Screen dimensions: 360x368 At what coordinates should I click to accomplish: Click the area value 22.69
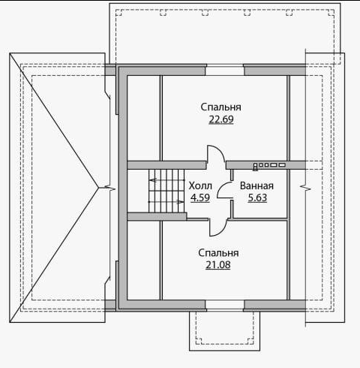[x=221, y=119]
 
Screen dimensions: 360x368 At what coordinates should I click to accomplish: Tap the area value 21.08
[x=218, y=265]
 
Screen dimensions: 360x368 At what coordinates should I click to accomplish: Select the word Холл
[x=200, y=186]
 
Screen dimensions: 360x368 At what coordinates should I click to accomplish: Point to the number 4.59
[x=200, y=198]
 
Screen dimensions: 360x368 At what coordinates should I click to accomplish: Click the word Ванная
[x=256, y=186]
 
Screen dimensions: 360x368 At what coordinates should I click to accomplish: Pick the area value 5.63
[x=257, y=198]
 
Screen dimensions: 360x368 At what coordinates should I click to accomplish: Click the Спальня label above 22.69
[x=221, y=107]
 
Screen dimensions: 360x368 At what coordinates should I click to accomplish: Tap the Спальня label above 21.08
[x=218, y=253]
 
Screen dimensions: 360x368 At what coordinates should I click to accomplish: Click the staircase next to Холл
[x=166, y=191]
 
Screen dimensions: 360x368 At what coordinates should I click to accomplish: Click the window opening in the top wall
[x=224, y=71]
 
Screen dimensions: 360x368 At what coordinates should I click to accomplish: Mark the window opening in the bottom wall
[x=225, y=306]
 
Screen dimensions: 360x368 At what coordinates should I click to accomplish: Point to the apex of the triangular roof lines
[x=99, y=188]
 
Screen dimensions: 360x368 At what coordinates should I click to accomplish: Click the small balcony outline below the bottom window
[x=224, y=350]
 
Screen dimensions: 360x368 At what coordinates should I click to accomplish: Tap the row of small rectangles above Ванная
[x=269, y=165]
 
